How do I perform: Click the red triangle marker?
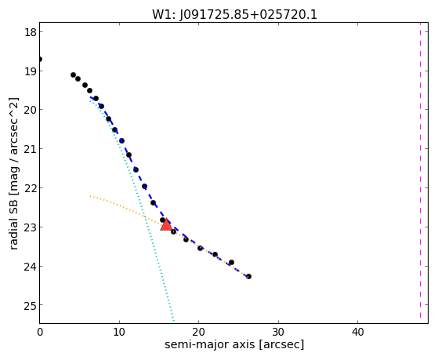(166, 224)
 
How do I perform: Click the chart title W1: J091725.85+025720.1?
(234, 15)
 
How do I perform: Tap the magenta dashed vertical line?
(420, 173)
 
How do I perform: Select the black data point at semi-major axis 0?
(40, 60)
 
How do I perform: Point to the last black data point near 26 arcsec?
(248, 276)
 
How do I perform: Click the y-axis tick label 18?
(31, 32)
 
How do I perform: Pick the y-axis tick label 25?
(31, 305)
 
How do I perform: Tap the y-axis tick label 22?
(31, 188)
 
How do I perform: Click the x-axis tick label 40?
(357, 332)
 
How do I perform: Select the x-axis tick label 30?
(278, 332)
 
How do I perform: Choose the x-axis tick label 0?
(40, 332)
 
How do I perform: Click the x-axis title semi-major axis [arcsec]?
(234, 344)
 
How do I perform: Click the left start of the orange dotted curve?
(91, 196)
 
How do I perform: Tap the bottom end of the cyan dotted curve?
(174, 321)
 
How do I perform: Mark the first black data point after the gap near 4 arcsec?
(73, 75)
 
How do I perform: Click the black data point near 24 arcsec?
(231, 263)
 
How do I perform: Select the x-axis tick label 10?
(119, 332)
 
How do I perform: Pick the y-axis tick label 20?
(31, 110)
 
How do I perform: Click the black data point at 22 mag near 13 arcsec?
(144, 187)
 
